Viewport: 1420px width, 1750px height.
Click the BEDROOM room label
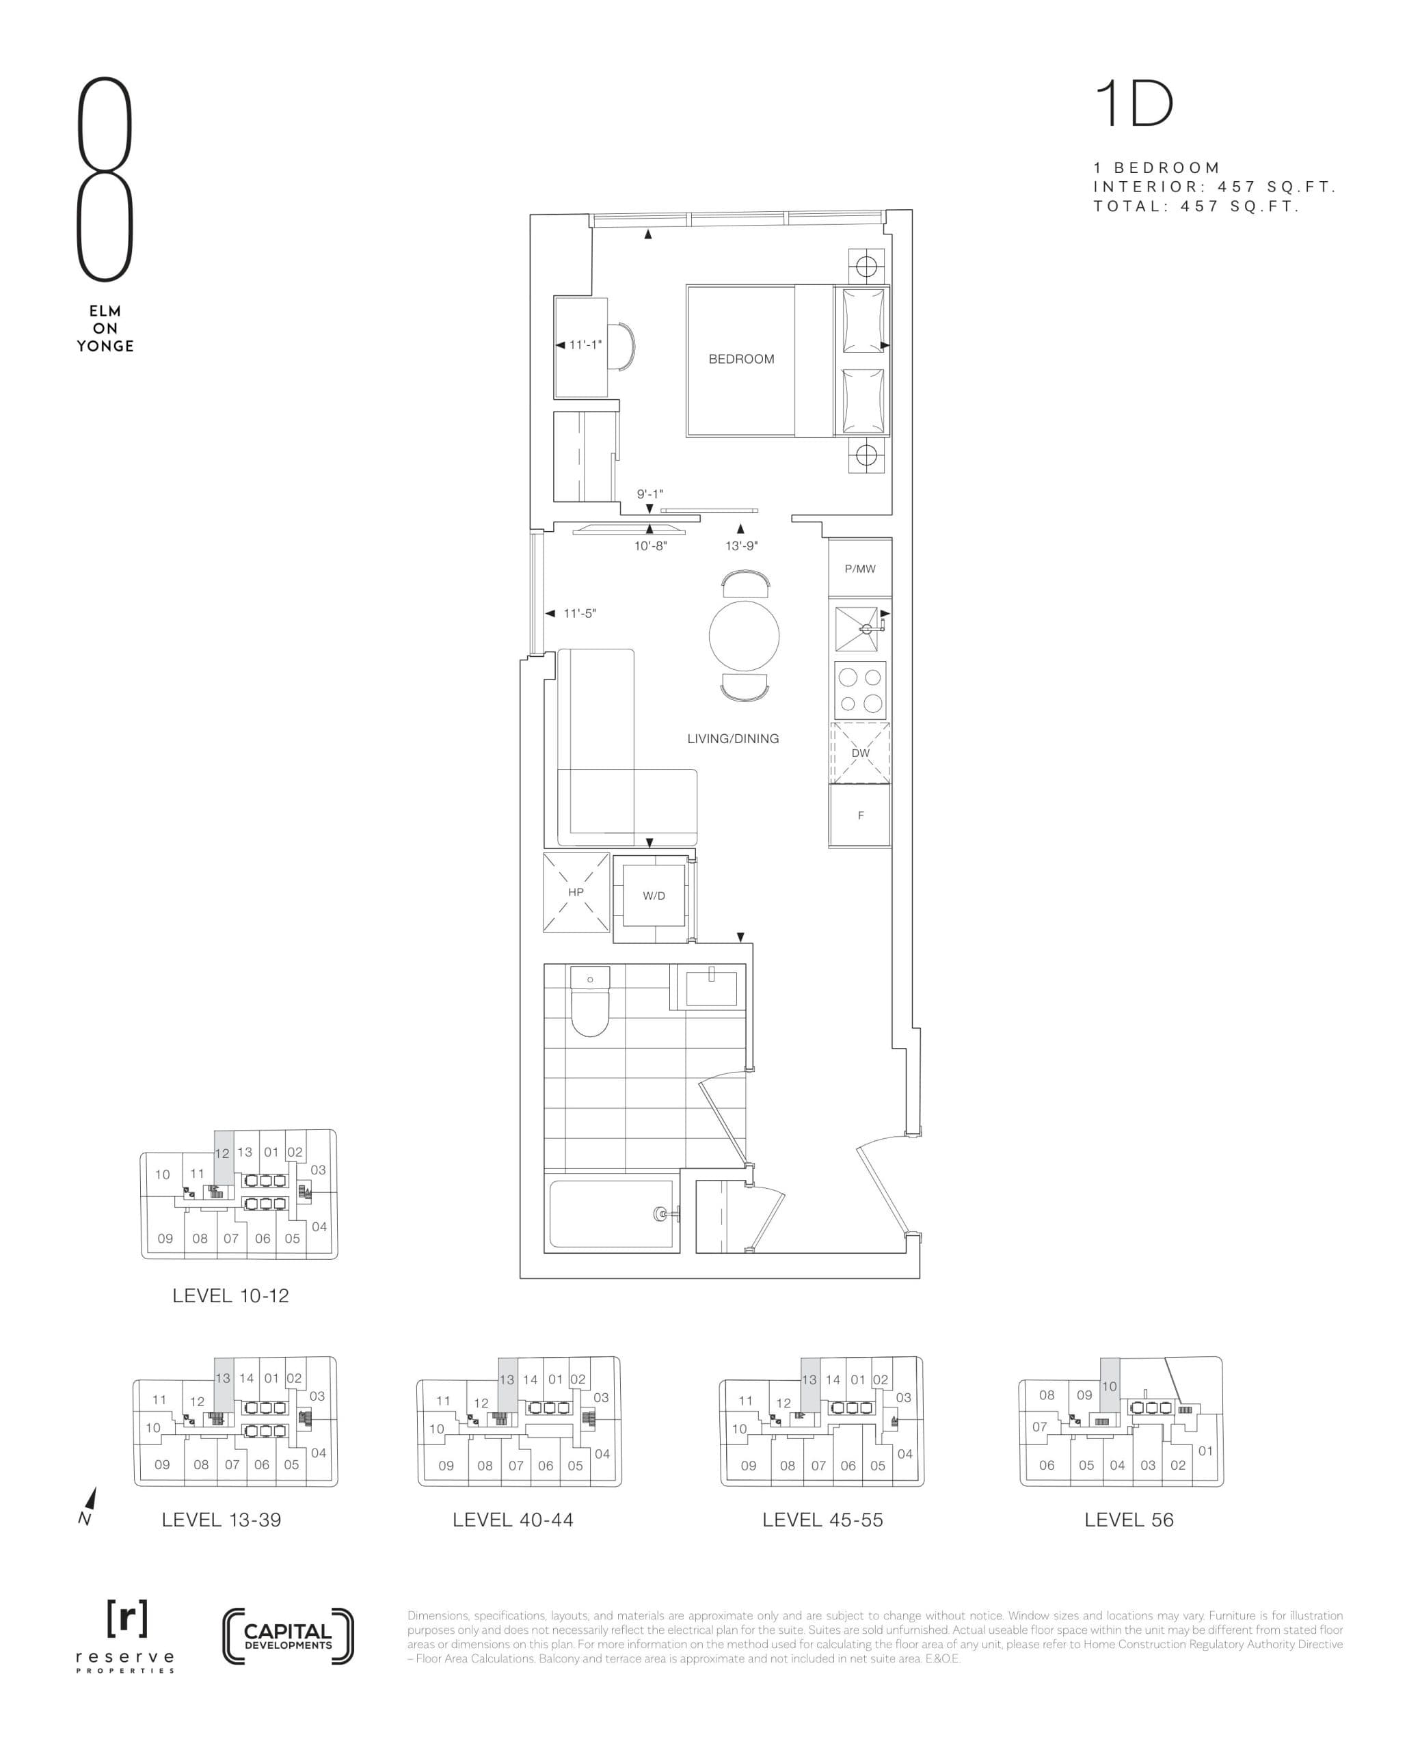pyautogui.click(x=740, y=359)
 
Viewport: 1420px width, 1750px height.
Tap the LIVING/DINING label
pyautogui.click(x=732, y=738)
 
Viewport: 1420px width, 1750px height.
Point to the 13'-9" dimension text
pyautogui.click(x=741, y=546)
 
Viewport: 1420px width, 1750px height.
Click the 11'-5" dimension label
pyautogui.click(x=579, y=613)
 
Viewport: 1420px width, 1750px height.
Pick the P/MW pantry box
pyautogui.click(x=859, y=568)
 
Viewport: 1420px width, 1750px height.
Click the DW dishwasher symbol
pyautogui.click(x=859, y=753)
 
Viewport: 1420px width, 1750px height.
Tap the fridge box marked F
pyautogui.click(x=859, y=816)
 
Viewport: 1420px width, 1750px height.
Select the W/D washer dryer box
pyautogui.click(x=654, y=896)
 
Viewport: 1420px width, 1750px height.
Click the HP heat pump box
pyautogui.click(x=576, y=892)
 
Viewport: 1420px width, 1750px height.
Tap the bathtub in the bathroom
pyautogui.click(x=612, y=1213)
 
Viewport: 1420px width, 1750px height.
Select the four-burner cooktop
pyautogui.click(x=859, y=690)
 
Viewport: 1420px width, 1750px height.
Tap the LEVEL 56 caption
pyautogui.click(x=1128, y=1520)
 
